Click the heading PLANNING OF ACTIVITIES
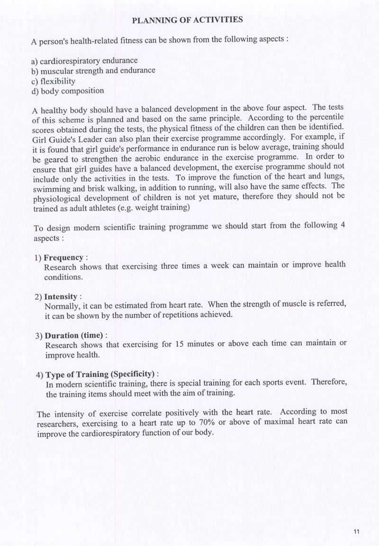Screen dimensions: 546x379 188,20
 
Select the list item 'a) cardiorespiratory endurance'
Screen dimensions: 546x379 85,61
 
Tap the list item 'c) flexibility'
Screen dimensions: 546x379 53,81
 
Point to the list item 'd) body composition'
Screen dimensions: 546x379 67,91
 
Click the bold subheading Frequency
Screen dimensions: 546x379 63,258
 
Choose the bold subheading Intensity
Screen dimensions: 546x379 61,297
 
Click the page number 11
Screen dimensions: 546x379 357,531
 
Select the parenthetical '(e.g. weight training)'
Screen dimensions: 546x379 153,208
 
